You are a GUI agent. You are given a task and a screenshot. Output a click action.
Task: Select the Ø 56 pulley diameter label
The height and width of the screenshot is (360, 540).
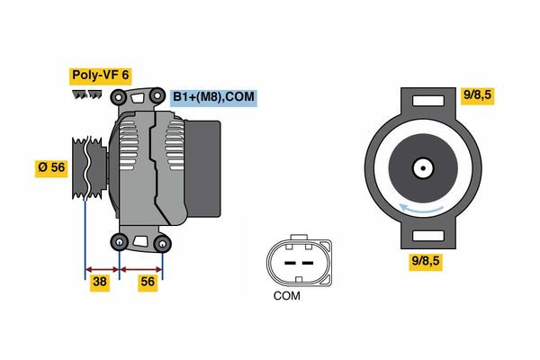click(x=50, y=166)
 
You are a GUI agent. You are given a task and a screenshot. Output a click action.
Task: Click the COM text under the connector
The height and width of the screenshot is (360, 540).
click(x=286, y=295)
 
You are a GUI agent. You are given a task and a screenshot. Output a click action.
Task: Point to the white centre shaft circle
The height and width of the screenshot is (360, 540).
click(x=421, y=167)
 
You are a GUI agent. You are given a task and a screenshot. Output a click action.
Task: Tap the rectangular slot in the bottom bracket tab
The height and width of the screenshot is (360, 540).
click(x=421, y=237)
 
